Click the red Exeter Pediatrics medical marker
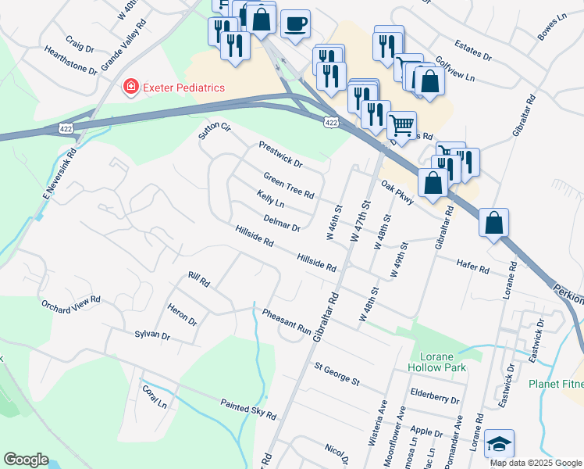click(x=131, y=88)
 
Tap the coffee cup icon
click(x=295, y=24)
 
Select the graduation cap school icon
click(x=499, y=445)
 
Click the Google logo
click(x=26, y=460)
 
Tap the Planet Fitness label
click(x=555, y=384)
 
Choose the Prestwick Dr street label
click(x=280, y=154)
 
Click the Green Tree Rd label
click(x=288, y=185)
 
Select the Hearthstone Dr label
click(x=70, y=60)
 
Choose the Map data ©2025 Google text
click(x=536, y=463)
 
